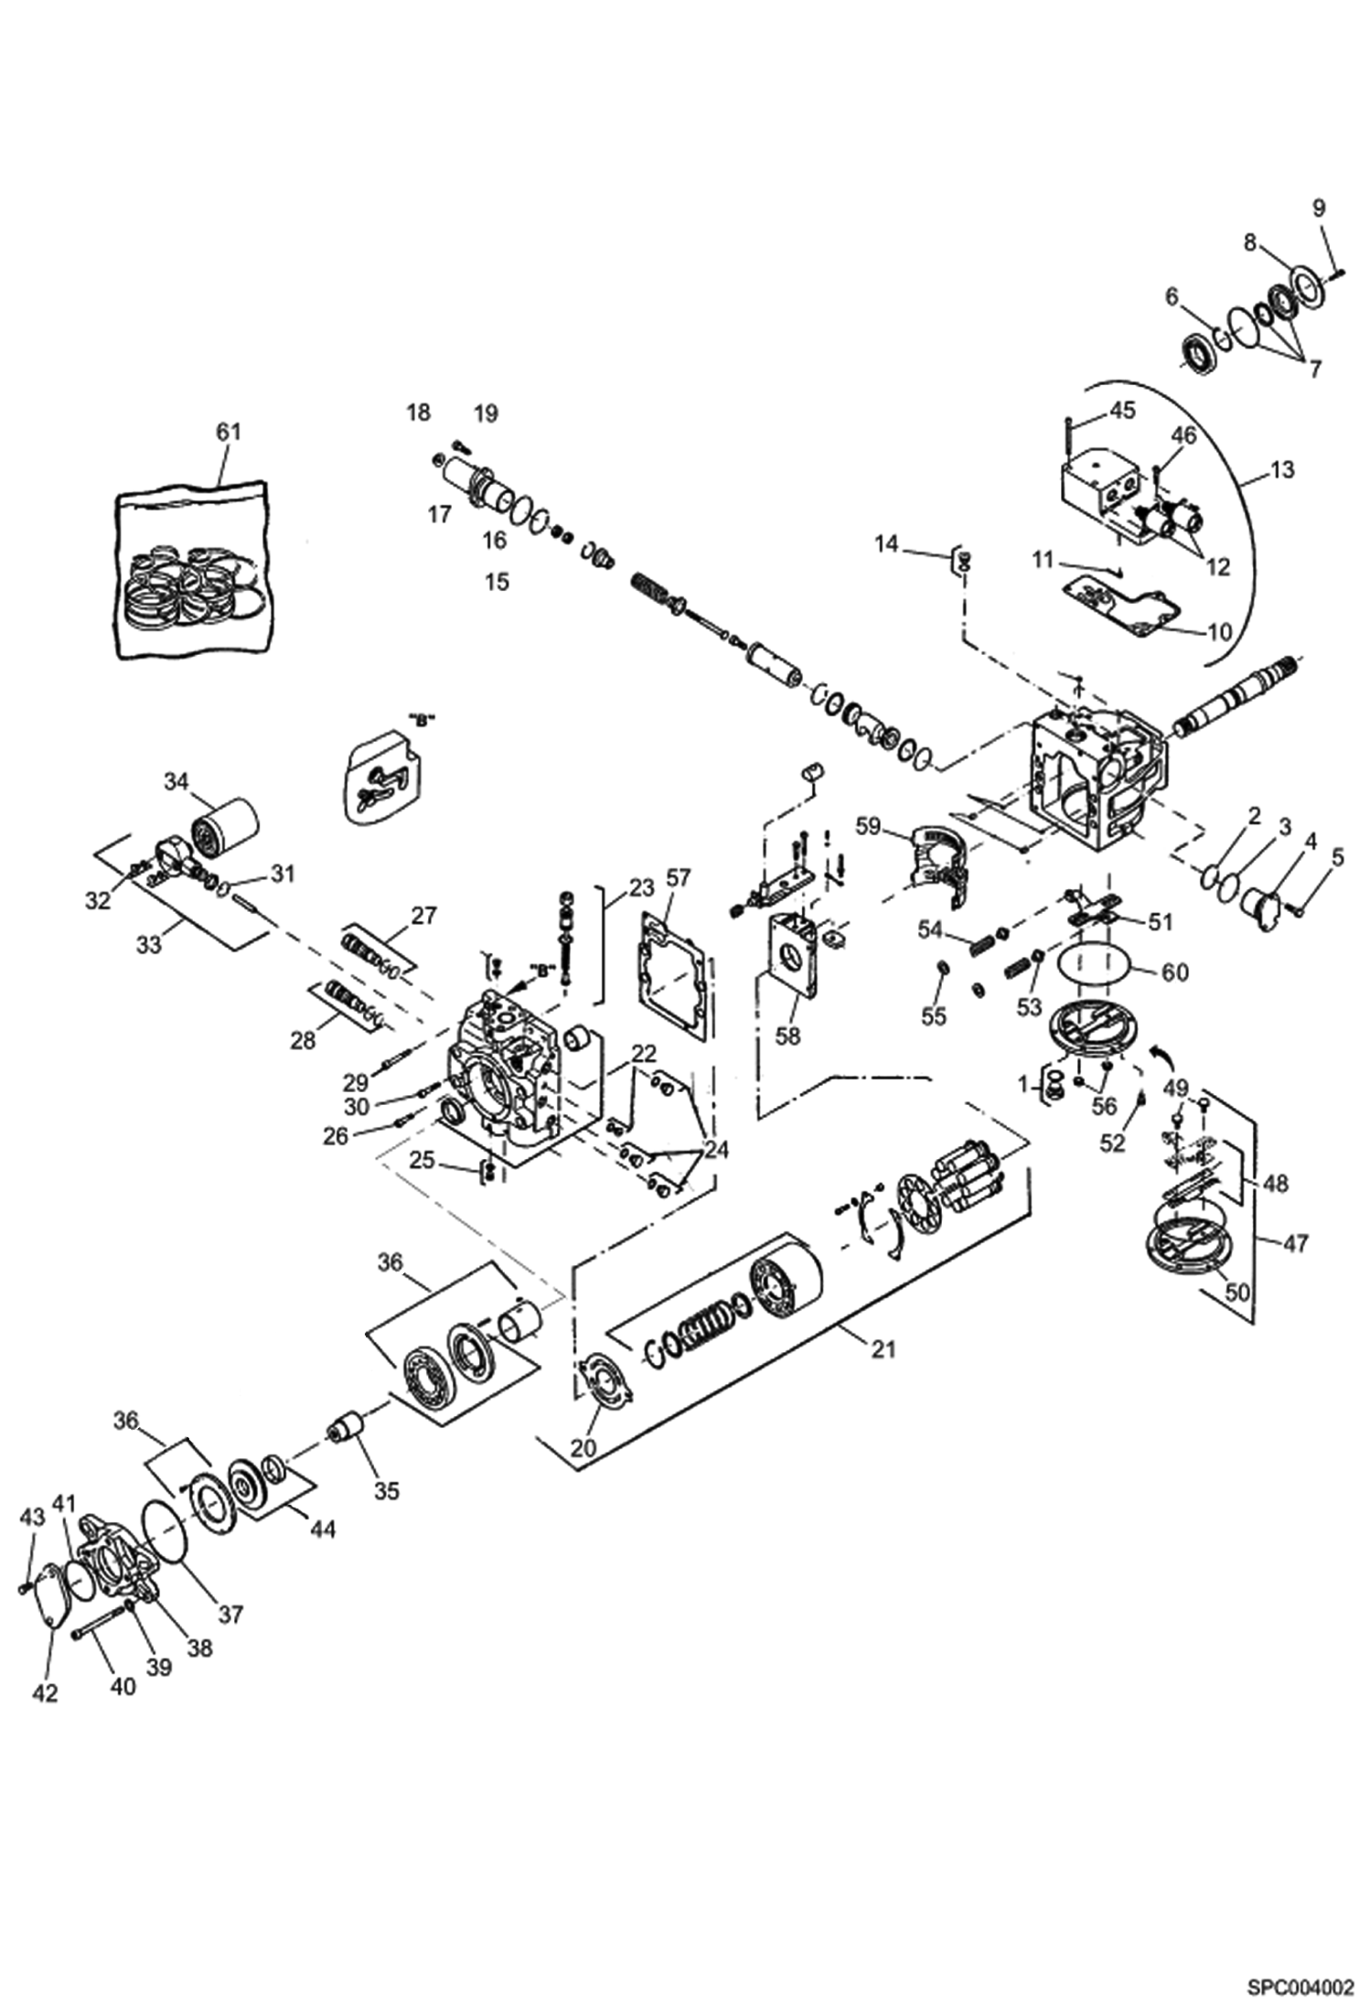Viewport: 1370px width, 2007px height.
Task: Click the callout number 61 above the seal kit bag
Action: tap(227, 431)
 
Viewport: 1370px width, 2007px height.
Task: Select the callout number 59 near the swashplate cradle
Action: tap(868, 827)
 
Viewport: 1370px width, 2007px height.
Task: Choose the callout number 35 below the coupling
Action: tap(387, 1490)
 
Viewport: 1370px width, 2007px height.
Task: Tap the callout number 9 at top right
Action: tap(1318, 208)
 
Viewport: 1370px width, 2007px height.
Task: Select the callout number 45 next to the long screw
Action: tap(1122, 410)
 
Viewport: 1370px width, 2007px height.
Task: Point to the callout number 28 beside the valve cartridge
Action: tap(303, 1040)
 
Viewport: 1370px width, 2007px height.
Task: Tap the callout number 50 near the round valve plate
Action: tap(1236, 1293)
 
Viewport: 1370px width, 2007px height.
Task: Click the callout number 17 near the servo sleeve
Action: tap(440, 514)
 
